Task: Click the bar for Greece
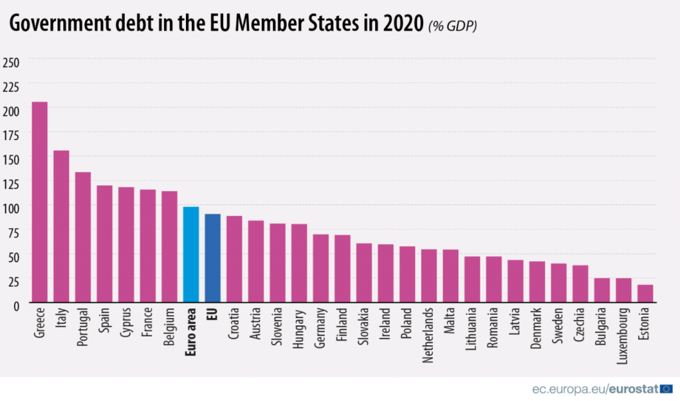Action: click(x=40, y=202)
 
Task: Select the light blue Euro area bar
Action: click(x=191, y=255)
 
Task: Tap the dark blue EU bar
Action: click(x=212, y=258)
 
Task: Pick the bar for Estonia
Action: click(x=645, y=293)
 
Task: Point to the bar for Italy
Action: click(x=61, y=226)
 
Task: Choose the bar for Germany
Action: click(x=321, y=268)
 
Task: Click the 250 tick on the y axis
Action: click(x=11, y=62)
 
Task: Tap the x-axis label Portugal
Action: click(x=83, y=329)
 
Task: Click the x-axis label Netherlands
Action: click(x=429, y=335)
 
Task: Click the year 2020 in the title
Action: click(x=402, y=25)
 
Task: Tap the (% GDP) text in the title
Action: click(x=452, y=26)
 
